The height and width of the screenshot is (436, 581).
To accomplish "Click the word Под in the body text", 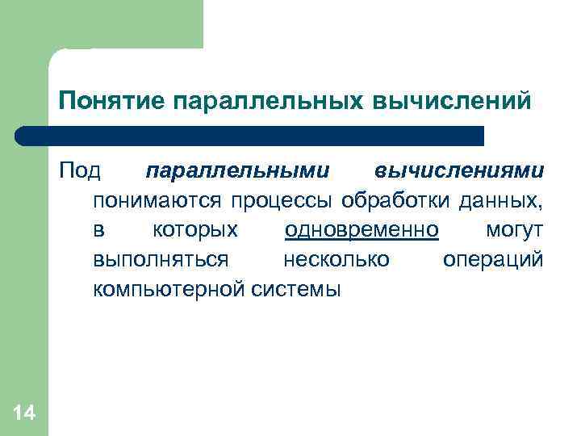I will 79,172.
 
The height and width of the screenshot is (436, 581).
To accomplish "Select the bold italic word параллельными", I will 237,172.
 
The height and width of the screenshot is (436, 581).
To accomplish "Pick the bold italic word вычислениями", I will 459,172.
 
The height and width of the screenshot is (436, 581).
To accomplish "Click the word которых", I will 195,230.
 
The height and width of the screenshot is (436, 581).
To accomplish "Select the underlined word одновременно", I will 362,230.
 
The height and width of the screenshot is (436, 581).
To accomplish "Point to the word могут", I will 515,230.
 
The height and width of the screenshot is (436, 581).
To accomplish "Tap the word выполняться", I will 161,259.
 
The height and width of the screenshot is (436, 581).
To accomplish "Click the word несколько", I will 336,259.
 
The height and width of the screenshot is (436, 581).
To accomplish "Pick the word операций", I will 493,259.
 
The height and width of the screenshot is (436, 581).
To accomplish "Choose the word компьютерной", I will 169,288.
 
